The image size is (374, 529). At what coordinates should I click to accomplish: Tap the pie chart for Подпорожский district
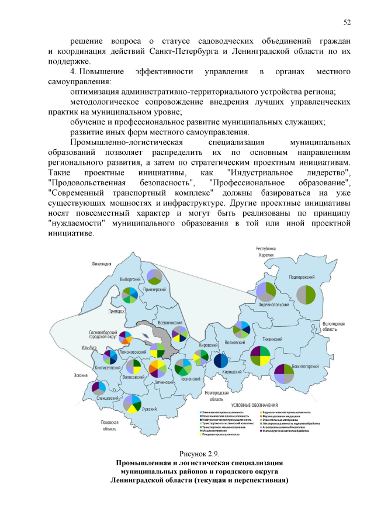click(x=306, y=293)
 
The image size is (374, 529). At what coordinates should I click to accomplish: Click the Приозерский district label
click(x=155, y=289)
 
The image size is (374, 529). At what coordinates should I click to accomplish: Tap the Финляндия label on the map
click(x=102, y=264)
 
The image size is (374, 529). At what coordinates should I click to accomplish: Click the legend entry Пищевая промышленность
click(x=221, y=435)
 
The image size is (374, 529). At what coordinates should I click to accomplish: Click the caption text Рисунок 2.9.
click(x=200, y=454)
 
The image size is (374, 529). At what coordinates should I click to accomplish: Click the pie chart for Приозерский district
click(x=154, y=276)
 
